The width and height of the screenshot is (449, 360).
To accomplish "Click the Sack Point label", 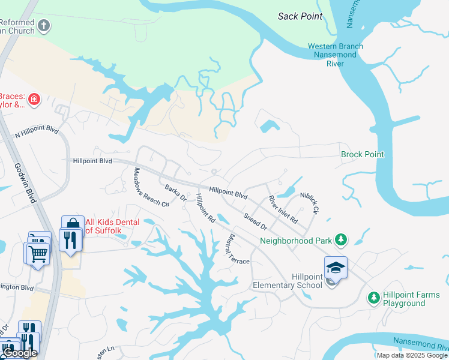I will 300,16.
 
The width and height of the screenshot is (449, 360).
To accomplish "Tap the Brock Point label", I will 362,154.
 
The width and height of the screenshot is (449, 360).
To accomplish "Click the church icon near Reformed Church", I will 44,26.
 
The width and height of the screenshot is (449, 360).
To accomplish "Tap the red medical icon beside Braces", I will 34,99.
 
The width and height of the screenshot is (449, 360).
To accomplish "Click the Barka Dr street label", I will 176,193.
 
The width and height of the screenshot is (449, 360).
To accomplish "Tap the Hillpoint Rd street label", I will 205,208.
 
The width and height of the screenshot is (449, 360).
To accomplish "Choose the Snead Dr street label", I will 255,221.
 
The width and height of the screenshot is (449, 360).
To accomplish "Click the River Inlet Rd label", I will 283,209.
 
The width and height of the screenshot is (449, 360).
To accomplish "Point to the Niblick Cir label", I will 309,203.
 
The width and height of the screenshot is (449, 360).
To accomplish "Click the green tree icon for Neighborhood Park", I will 341,240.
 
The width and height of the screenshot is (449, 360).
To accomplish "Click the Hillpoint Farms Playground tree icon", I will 373,297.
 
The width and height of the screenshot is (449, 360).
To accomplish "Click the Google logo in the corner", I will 20,353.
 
